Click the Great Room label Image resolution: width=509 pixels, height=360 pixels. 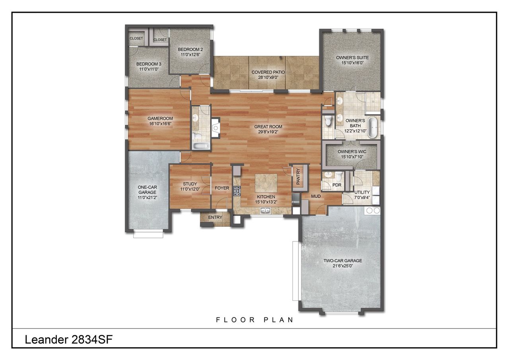coord(266,127)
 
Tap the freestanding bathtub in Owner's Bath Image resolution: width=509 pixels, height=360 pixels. coord(373,128)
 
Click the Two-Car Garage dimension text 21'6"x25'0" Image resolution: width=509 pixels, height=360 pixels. coord(342,266)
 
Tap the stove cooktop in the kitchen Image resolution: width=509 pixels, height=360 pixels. coord(237,191)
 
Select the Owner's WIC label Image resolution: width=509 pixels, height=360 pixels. coord(352,152)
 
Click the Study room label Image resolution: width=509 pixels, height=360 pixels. coord(190,184)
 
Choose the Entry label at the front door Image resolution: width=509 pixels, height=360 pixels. coord(215,218)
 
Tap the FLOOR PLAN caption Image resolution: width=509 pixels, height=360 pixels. coord(254,320)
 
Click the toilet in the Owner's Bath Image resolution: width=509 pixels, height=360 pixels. coord(328,121)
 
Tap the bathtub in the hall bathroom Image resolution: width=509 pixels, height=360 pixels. coord(200,146)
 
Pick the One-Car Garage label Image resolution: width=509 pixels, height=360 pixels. coord(148,190)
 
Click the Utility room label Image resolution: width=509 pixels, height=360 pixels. coord(362,193)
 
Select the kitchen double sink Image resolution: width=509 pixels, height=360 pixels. coord(265,211)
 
